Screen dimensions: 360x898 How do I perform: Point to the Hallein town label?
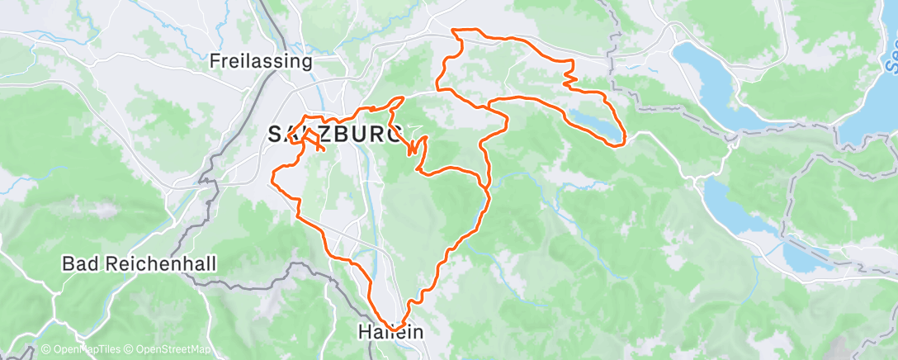click(x=390, y=332)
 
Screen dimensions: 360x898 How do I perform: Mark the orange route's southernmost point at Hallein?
click(x=395, y=329)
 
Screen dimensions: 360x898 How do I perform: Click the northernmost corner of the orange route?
click(x=453, y=31)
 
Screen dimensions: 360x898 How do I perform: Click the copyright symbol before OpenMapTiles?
click(x=45, y=350)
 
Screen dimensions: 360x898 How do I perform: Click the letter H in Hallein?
click(x=364, y=332)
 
